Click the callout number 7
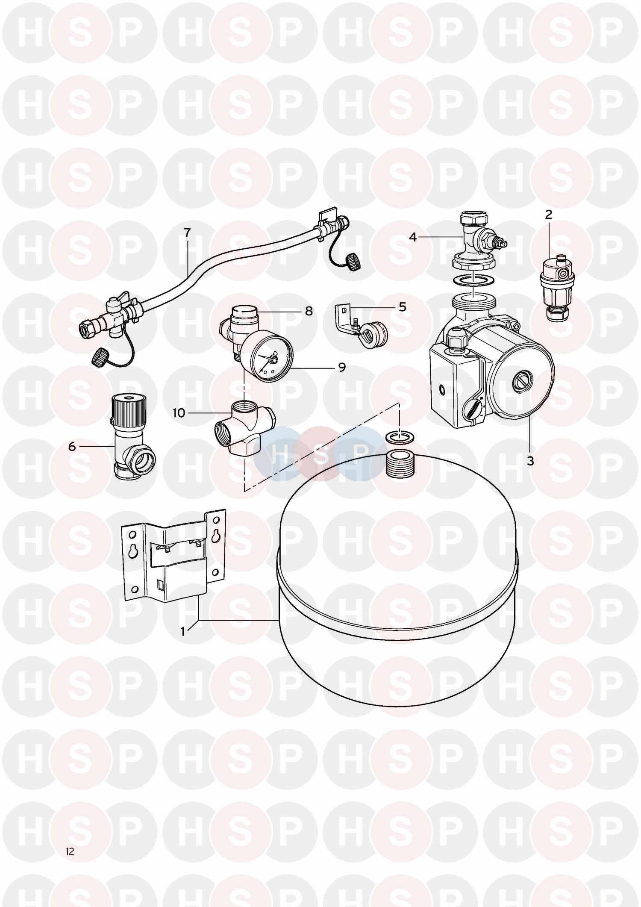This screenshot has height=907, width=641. pos(187,233)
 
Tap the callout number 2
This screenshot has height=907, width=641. pos(549,215)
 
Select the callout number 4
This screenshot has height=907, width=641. pos(413,236)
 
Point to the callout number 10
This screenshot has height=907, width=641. pos(179,413)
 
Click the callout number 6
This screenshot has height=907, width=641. pos(72,447)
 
